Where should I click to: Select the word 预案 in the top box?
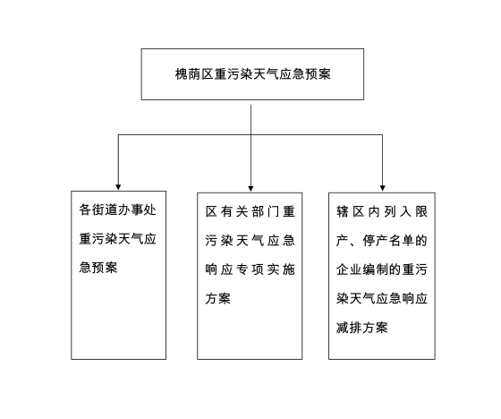point(318,74)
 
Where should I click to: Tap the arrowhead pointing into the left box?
point(118,187)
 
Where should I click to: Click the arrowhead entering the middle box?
point(250,188)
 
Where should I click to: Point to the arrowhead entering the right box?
point(383,188)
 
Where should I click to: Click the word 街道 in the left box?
point(105,209)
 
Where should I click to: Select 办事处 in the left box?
point(137,209)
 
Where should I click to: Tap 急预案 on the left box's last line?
point(98,268)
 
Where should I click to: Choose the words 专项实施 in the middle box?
point(266,269)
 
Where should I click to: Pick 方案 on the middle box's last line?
point(218,298)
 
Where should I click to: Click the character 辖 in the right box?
point(342,212)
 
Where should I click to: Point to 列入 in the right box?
point(397,212)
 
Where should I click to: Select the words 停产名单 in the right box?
point(388,241)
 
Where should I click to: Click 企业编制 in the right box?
point(361,269)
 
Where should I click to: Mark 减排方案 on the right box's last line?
point(362,328)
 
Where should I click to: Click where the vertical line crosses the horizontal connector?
point(250,134)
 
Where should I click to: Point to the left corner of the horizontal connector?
point(118,134)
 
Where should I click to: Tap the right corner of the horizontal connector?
point(383,134)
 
